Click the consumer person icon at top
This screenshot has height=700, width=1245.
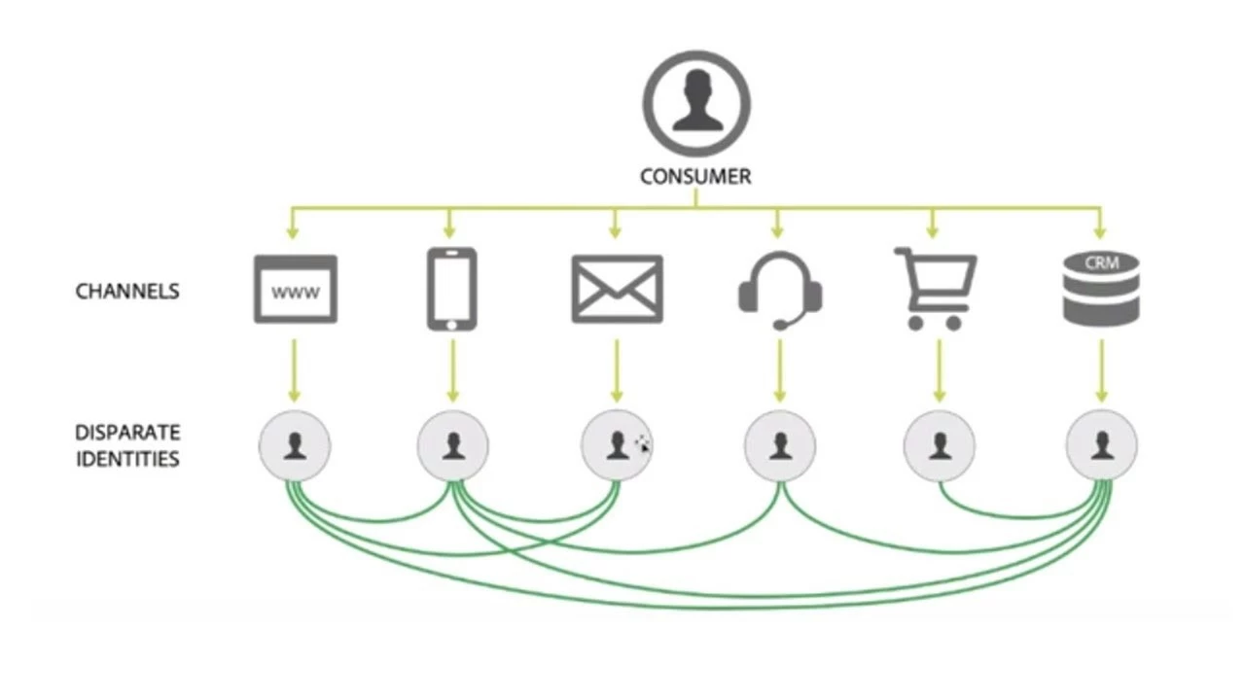tap(696, 102)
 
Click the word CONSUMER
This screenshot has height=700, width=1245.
tap(695, 176)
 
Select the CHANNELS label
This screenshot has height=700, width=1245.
tap(127, 291)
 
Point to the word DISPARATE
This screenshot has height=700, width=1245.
tap(127, 433)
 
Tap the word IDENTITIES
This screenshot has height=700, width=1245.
tap(127, 458)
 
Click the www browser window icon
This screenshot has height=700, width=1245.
tap(295, 289)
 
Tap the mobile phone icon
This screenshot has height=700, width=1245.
tap(452, 289)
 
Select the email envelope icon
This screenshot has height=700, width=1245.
tap(617, 289)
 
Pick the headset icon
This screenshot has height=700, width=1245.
tap(780, 290)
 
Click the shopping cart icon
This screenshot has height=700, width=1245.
tap(935, 289)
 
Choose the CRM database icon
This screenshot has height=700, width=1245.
tap(1101, 288)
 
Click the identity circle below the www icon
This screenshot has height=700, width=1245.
tap(295, 446)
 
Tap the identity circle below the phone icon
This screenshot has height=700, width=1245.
tap(453, 446)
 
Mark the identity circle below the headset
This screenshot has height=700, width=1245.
tap(780, 446)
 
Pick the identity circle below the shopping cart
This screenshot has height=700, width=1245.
tap(939, 446)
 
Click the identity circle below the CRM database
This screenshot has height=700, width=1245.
tap(1101, 446)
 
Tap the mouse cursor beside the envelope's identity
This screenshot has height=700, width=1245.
tap(643, 444)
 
